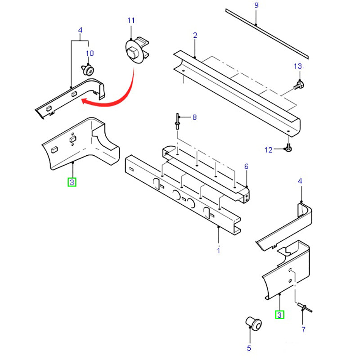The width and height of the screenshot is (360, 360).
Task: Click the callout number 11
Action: pos(131,20)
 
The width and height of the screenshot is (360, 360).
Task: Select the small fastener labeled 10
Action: pos(88,70)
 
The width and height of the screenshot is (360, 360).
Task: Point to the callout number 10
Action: pos(90,54)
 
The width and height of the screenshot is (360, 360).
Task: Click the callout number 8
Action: pos(194,117)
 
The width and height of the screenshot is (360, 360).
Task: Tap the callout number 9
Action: pos(256,5)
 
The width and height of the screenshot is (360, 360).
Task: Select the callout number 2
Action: pos(195,35)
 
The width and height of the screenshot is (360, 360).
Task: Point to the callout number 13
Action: pos(299,66)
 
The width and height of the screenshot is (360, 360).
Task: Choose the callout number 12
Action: pos(269,150)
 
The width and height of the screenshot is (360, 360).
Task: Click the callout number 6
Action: pos(246,166)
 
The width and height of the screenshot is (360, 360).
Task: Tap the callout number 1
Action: pos(219,250)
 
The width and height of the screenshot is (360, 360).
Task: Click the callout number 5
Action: pos(249,348)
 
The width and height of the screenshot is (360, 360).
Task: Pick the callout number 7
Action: pos(303,329)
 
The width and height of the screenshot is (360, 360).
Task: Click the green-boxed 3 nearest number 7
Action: pos(279,315)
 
